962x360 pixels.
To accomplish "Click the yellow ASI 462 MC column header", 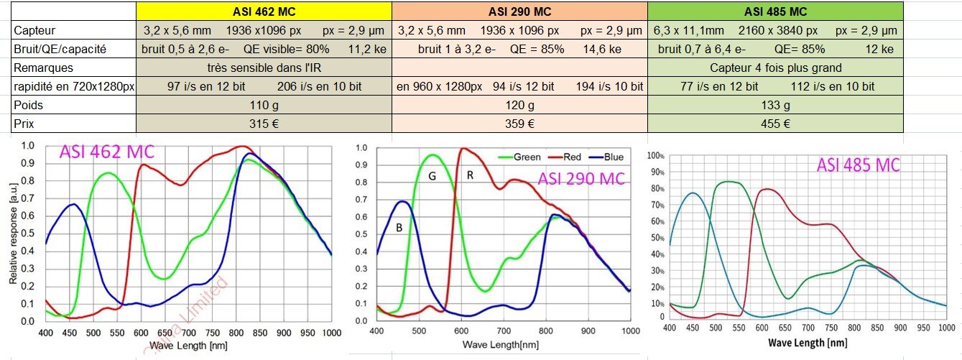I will tap(264, 11).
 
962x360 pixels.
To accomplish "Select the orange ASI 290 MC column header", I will tap(519, 11).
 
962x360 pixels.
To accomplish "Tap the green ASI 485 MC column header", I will tap(775, 11).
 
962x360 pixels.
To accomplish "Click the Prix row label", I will tap(24, 124).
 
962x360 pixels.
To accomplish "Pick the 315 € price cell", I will tap(264, 124).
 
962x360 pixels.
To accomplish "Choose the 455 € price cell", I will tap(775, 124).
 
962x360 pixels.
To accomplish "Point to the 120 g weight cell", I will tap(519, 105).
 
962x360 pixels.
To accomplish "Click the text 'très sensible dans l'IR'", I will tap(264, 68).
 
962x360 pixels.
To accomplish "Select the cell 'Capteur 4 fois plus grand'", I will tap(775, 68).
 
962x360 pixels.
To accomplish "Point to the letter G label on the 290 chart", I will tap(433, 176).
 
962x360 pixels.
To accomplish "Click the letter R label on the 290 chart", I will tap(471, 175).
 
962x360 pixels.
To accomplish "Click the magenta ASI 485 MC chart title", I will tap(858, 165).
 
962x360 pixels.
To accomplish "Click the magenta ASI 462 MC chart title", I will tap(107, 153).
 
